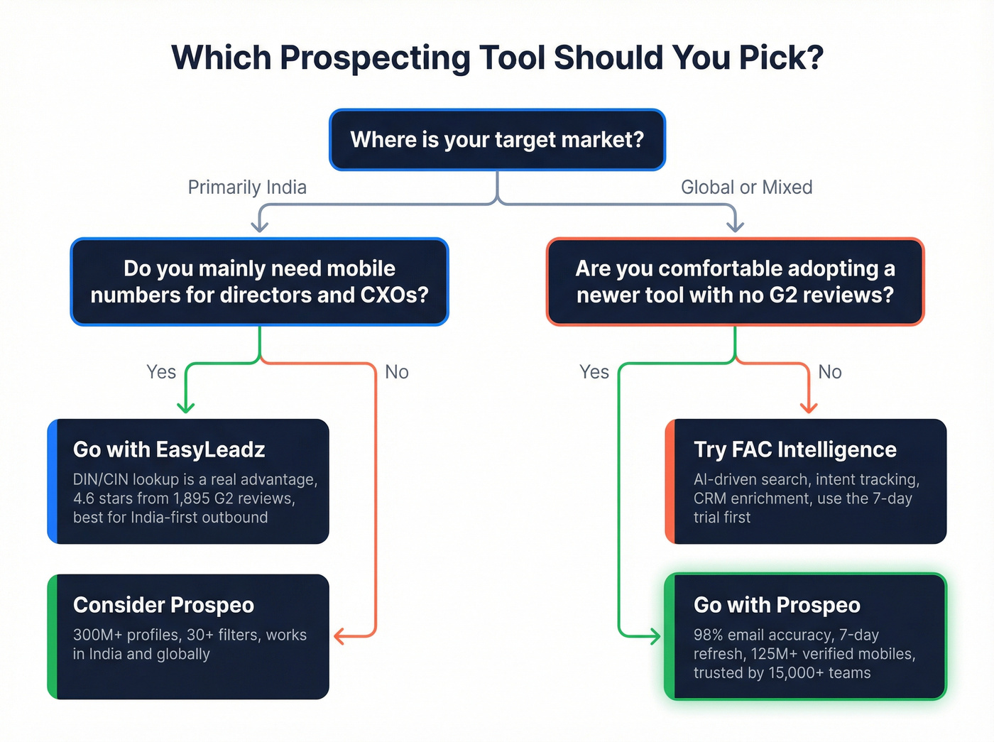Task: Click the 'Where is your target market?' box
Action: pos(497,140)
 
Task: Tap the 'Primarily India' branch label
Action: pos(247,187)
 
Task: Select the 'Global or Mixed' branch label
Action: pos(746,187)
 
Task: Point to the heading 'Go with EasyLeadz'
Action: pos(169,449)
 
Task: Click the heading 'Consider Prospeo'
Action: pos(163,605)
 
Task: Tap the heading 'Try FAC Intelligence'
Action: pos(794,449)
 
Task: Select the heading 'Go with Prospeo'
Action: pos(777,605)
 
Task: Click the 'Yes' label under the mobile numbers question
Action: pos(160,372)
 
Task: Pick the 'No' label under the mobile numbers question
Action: pos(396,372)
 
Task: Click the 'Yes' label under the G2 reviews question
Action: pos(594,372)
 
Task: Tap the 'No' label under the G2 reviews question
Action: pos(829,372)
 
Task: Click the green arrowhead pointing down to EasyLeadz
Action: pos(186,408)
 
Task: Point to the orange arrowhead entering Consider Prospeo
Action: pos(339,635)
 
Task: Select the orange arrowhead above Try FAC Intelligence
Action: pos(808,408)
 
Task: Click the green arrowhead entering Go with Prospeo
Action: pos(655,635)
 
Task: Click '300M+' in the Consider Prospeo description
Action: pos(97,635)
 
